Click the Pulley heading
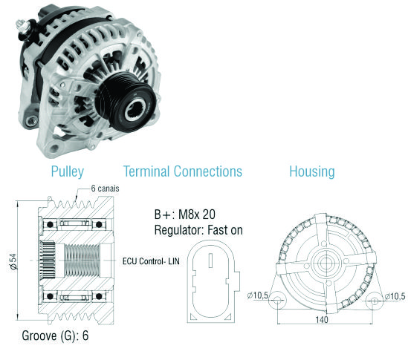point(68,171)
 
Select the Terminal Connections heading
point(182,171)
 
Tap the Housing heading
point(312,171)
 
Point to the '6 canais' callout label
point(105,189)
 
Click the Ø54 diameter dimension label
point(13,261)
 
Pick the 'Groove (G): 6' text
point(55,336)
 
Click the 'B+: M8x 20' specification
point(185,215)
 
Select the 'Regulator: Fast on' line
point(198,230)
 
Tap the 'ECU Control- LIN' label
point(151,261)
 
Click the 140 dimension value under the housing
point(322,319)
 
